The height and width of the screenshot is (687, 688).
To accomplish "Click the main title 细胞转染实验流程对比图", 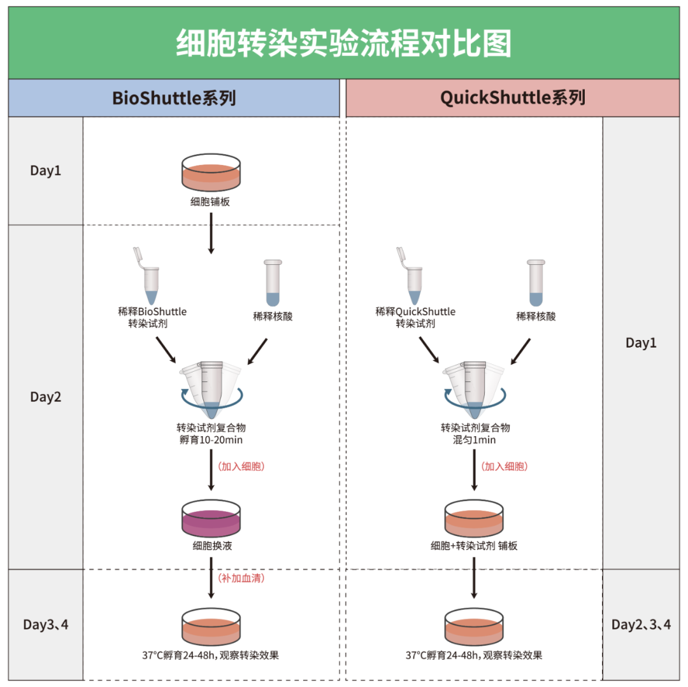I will tap(343, 43).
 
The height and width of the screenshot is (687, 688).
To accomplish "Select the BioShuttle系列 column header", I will tap(174, 98).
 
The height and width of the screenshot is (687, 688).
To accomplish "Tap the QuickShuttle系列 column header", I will tap(512, 98).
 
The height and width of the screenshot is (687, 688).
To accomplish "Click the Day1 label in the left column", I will tap(46, 171).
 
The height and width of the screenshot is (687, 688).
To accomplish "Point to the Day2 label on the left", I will tap(46, 397).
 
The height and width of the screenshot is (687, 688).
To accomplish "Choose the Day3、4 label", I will tap(46, 624).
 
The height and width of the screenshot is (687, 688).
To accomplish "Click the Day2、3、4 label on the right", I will tap(641, 624).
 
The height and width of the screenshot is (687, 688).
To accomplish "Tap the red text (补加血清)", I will tap(241, 578).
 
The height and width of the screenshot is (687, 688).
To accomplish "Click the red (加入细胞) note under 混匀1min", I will tap(505, 466).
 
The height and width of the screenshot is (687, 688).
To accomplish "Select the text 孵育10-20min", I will tap(211, 439).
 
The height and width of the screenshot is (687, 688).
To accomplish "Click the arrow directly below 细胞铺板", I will tap(211, 233).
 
